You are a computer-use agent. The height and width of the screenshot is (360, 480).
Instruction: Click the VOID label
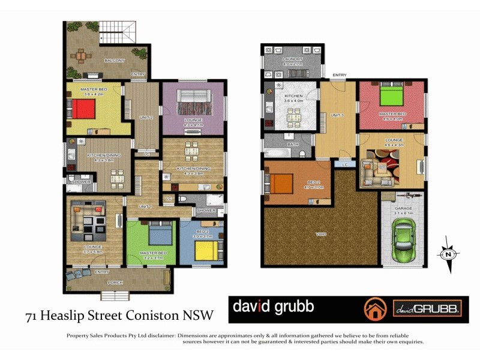[321, 234]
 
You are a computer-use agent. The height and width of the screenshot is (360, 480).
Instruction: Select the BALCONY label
[114, 60]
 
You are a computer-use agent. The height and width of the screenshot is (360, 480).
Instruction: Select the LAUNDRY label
[293, 59]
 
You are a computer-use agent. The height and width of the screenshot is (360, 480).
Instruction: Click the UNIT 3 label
[338, 115]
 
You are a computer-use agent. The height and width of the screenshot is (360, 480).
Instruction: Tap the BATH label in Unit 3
[292, 145]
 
